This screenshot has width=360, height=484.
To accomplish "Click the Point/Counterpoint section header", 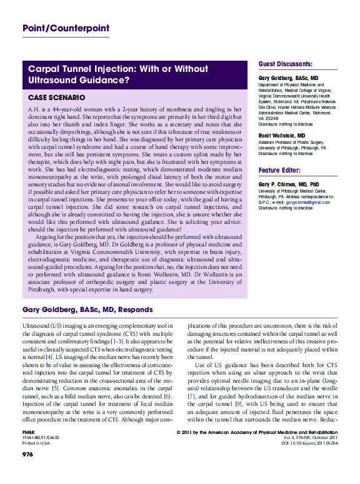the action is pyautogui.click(x=66, y=28).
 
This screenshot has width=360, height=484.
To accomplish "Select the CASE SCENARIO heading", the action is pyautogui.click(x=61, y=98).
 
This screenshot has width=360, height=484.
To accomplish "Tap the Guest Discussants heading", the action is pyautogui.click(x=286, y=64).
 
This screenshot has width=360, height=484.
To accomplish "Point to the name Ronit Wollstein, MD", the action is pyautogui.click(x=282, y=135).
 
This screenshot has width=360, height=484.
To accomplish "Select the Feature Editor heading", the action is pyautogui.click(x=281, y=170).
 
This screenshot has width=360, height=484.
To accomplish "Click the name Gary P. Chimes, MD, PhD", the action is pyautogui.click(x=289, y=184).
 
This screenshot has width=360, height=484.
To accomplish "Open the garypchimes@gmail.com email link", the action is pyautogui.click(x=312, y=202).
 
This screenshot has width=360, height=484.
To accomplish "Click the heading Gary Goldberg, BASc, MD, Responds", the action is pyautogui.click(x=87, y=310).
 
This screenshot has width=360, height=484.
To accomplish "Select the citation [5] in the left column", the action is pyautogui.click(x=56, y=388).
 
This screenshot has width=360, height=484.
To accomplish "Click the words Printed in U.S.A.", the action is pyautogui.click(x=37, y=461).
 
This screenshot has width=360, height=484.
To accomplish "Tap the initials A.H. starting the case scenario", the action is pyautogui.click(x=34, y=109).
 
